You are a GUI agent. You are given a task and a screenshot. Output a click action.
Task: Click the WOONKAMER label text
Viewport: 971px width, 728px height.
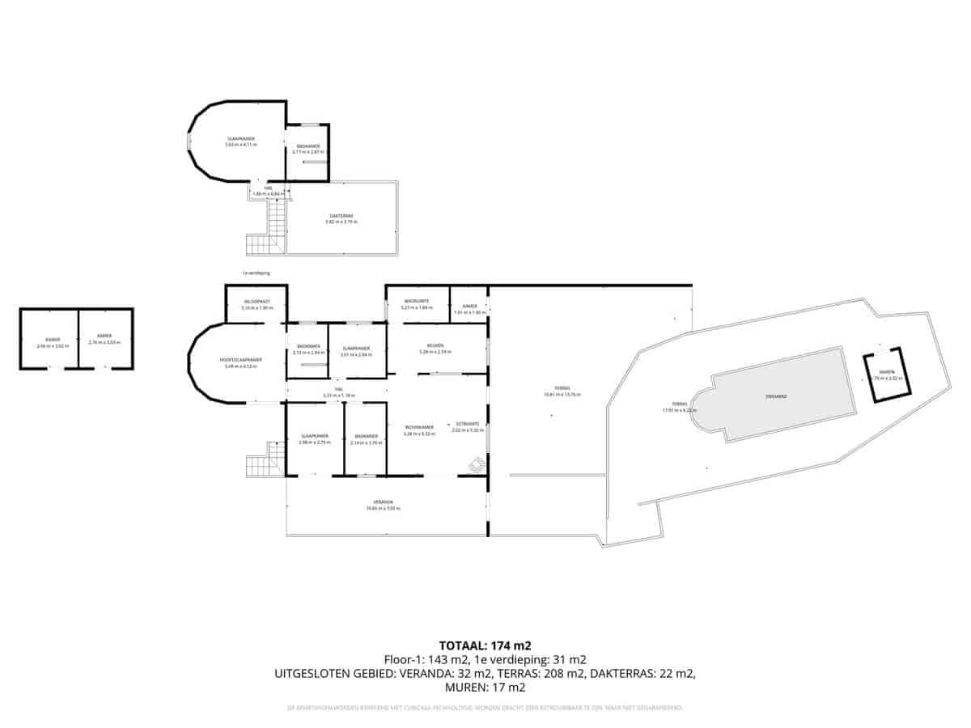[x=418, y=427]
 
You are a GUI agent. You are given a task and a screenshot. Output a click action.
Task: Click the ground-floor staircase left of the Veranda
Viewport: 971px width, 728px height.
[x=261, y=464]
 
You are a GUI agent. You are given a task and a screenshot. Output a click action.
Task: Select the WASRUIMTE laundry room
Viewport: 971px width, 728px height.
[x=416, y=303]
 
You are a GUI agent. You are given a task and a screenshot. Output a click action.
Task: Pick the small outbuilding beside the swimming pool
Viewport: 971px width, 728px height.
[x=889, y=375]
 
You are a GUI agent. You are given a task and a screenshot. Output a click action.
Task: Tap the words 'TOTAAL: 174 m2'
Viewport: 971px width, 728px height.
[x=485, y=645]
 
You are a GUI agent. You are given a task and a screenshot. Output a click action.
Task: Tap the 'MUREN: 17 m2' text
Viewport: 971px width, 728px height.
[x=485, y=688]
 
